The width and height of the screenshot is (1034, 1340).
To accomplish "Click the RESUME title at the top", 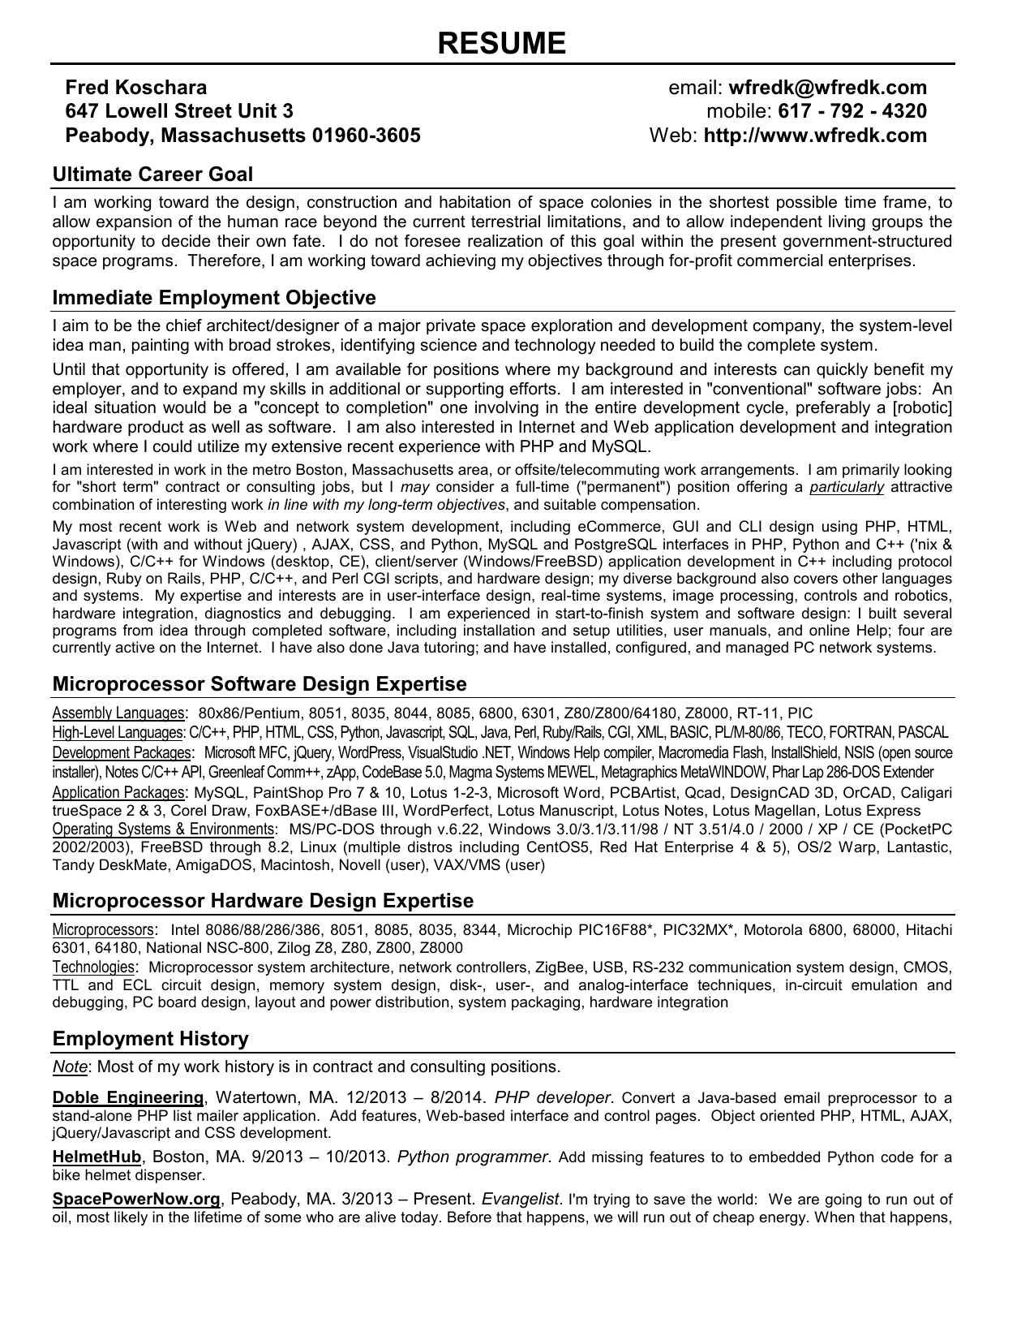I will tap(501, 43).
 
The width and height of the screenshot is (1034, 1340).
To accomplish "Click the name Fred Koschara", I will tap(135, 88).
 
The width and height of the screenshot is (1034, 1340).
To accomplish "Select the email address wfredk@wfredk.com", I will tap(827, 88).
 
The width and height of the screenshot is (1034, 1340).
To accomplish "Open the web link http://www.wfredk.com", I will tap(815, 136).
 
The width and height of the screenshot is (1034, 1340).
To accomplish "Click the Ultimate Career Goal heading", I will tap(152, 175).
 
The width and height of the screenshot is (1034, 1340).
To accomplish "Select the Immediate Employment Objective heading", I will tap(214, 298).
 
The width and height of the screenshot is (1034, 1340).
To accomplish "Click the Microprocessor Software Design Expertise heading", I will tap(260, 684).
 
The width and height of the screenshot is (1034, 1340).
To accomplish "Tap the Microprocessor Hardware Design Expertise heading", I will tap(263, 901).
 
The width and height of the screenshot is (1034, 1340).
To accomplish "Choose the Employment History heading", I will tap(150, 1039).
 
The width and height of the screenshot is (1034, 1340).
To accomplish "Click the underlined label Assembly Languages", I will tap(118, 713).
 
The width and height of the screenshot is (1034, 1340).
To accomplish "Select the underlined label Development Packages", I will tap(122, 752).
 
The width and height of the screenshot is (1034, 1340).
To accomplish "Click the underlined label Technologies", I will tap(93, 967).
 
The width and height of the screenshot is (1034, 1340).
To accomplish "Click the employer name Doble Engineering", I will tap(128, 1098).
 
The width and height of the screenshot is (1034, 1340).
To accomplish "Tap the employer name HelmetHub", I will tap(97, 1157).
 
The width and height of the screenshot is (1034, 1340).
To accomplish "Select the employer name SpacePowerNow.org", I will tap(136, 1199).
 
